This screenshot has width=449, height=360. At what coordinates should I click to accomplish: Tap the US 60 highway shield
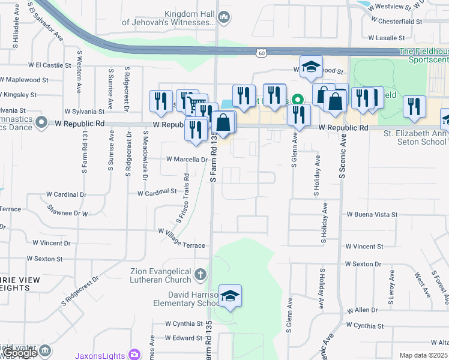[261, 53]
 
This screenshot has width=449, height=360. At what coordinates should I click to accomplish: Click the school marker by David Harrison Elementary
[230, 296]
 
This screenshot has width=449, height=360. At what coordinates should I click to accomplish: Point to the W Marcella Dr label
[187, 160]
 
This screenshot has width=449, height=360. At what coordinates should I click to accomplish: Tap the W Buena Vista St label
[372, 214]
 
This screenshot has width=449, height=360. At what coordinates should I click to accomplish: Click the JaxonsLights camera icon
[134, 355]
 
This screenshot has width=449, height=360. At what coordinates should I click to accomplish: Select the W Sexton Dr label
[363, 264]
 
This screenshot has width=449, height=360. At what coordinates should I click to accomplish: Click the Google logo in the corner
[20, 353]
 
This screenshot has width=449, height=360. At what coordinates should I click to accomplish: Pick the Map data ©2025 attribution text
[424, 355]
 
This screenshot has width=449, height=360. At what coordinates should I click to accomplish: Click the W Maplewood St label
[24, 79]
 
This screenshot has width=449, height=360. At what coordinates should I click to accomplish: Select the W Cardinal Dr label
[66, 194]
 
